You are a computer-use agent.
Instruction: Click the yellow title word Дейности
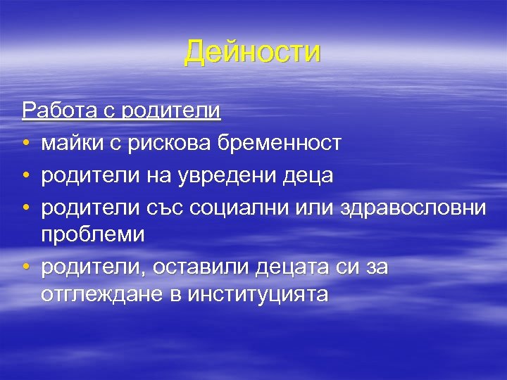pyautogui.click(x=253, y=53)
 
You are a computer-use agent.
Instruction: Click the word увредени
pyautogui.click(x=220, y=176)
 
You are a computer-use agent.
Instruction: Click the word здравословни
pyautogui.click(x=413, y=208)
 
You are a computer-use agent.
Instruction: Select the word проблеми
pyautogui.click(x=92, y=236)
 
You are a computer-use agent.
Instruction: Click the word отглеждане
pyautogui.click(x=104, y=294)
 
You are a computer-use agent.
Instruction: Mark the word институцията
pyautogui.click(x=258, y=294)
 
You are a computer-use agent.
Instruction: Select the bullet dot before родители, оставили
pyautogui.click(x=25, y=268)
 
